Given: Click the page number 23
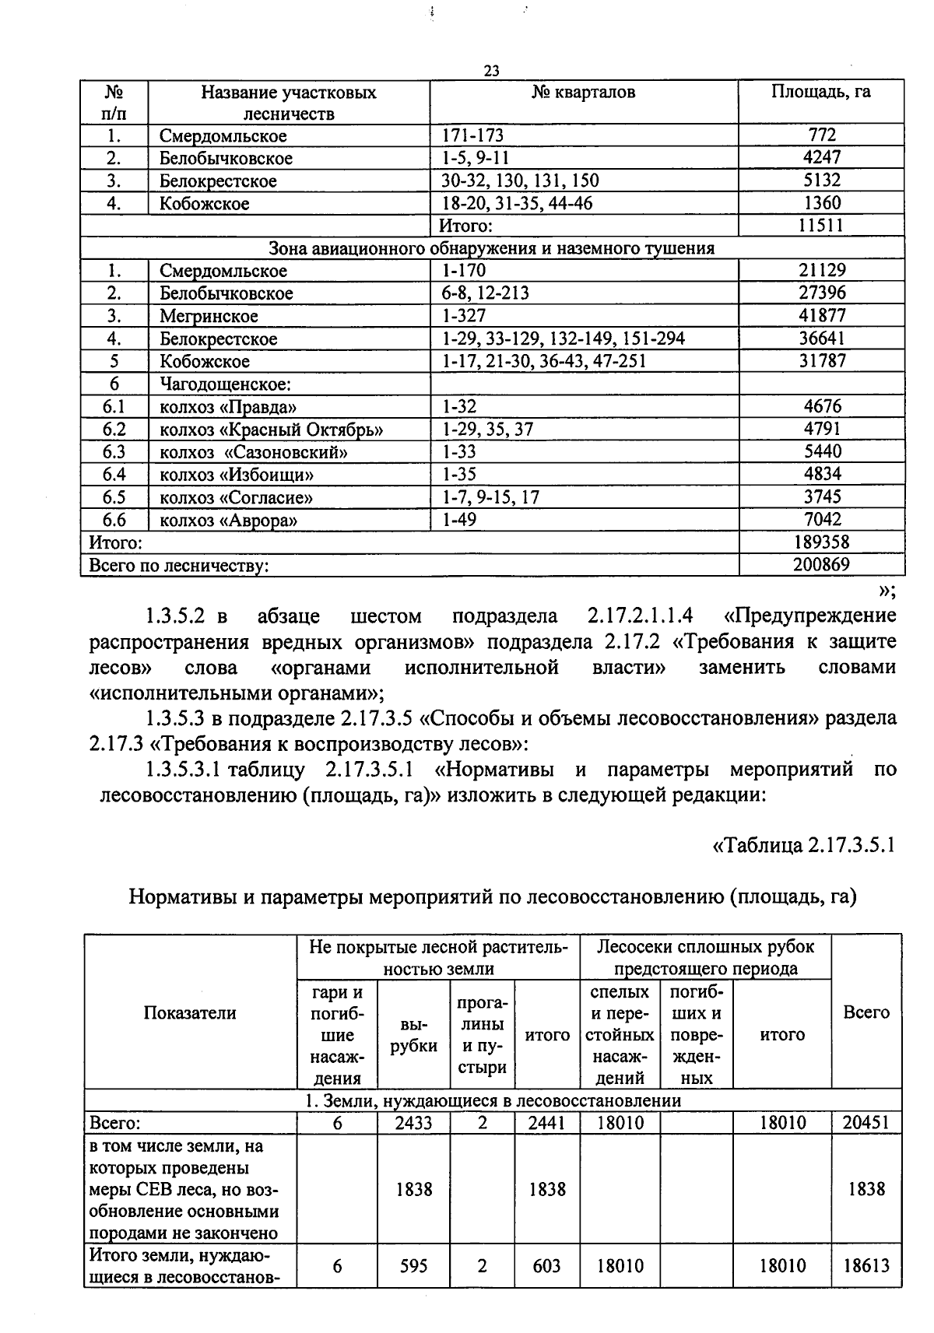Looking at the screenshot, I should [491, 71].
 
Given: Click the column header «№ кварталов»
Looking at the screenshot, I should [583, 93].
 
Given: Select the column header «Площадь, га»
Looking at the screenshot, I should [820, 92].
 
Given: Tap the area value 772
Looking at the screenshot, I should [821, 135].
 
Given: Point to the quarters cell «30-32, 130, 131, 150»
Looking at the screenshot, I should [520, 181].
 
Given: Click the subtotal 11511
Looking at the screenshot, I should [821, 226].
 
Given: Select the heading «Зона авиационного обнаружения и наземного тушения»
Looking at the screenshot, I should [491, 248].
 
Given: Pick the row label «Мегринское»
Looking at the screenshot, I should [209, 316].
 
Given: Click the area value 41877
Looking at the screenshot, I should [822, 315].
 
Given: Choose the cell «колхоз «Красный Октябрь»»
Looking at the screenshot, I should [272, 430].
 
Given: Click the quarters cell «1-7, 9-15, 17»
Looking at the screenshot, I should [490, 496].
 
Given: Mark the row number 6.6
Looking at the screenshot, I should [114, 520].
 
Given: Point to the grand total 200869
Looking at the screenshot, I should [821, 564].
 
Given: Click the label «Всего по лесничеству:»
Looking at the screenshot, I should [179, 566].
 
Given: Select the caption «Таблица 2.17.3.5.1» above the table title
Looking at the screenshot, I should [805, 844].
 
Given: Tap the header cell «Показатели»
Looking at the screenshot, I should [190, 1012].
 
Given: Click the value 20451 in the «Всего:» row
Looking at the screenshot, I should [866, 1122].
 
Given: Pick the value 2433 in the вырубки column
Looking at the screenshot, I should [413, 1122].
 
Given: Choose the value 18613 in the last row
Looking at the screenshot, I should [866, 1266].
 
